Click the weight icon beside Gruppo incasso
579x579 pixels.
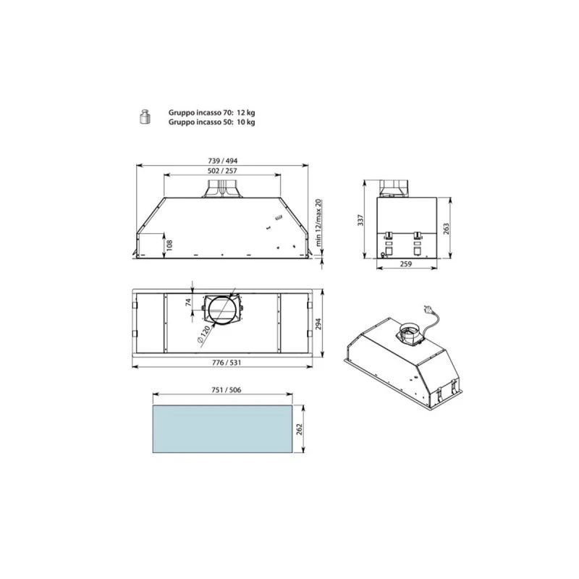[x=143, y=117]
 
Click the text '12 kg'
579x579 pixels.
[x=246, y=113]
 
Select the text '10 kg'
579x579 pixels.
[x=246, y=122]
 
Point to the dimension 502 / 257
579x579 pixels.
[x=223, y=171]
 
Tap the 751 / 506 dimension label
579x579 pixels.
[x=224, y=390]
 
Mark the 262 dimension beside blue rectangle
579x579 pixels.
[x=300, y=428]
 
